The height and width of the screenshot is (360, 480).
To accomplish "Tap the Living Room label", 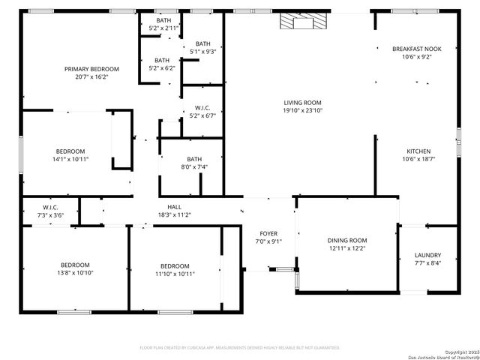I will click(x=302, y=103).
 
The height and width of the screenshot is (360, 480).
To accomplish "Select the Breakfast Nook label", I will click(x=417, y=49).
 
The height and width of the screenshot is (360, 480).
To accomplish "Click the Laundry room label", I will click(x=427, y=255).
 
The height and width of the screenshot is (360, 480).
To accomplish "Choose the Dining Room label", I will click(x=346, y=241).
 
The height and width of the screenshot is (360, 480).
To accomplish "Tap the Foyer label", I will click(x=268, y=233).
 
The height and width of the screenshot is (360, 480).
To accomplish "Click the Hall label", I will click(x=174, y=207).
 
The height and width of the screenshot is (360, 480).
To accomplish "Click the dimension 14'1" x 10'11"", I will click(x=70, y=159).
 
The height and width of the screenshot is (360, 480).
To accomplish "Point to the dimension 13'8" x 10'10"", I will click(x=75, y=273).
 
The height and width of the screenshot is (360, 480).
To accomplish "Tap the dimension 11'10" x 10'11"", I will click(x=175, y=274).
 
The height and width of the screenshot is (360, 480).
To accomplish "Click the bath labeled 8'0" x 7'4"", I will click(x=194, y=166).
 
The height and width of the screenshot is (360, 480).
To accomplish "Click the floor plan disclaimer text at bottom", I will click(x=240, y=348).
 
